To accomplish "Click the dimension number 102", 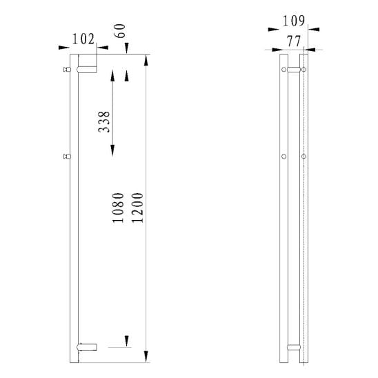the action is [83, 39].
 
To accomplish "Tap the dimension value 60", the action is [120, 30].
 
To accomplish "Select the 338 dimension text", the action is [104, 121].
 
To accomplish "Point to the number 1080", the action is [119, 208].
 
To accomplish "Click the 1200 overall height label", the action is [138, 208].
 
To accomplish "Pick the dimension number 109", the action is [294, 21].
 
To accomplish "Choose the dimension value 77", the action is [294, 41].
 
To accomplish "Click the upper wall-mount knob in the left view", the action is [67, 70].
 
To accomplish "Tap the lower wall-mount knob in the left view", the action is [67, 157].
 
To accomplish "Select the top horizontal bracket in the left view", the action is [87, 70].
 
